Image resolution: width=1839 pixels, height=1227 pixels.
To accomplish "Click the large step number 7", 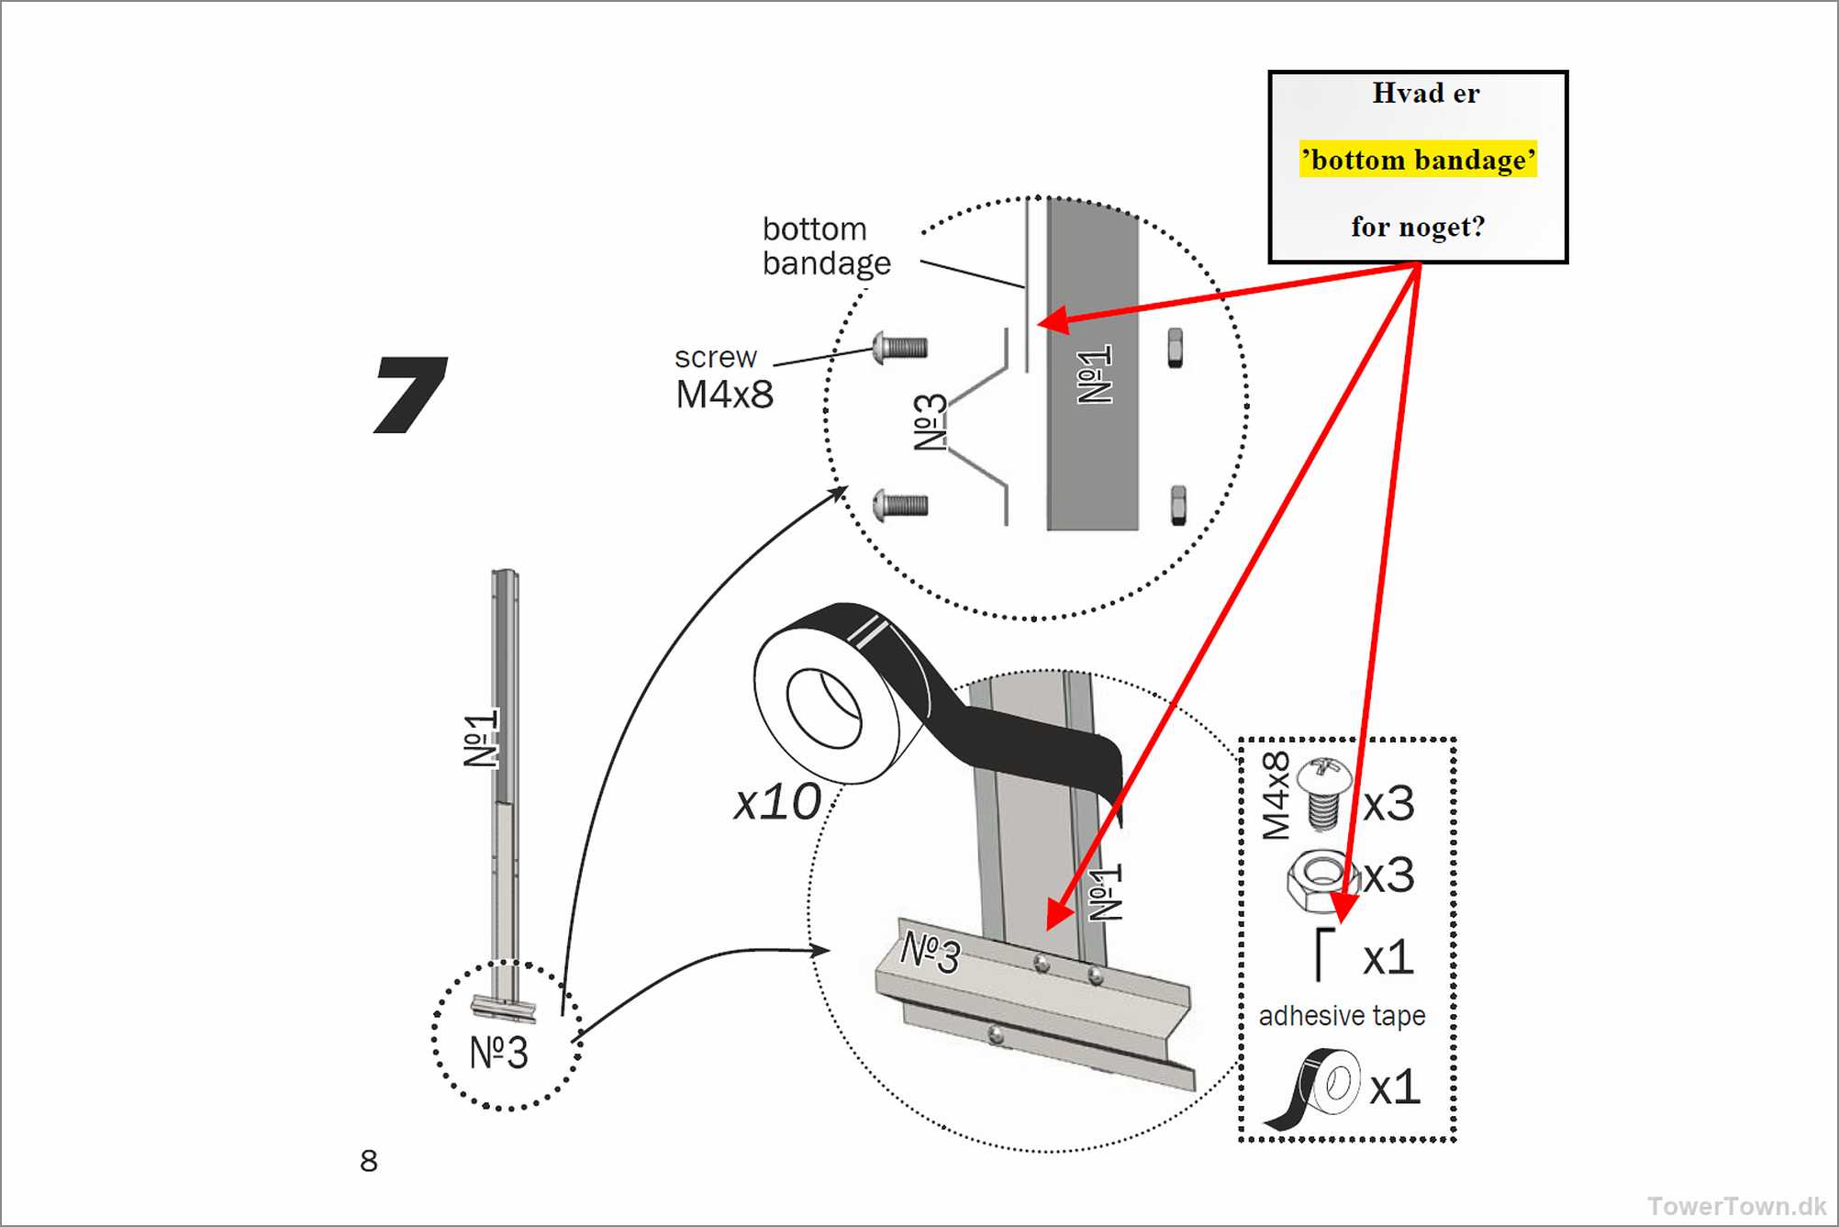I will [x=410, y=395].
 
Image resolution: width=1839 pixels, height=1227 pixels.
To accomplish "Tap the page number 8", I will [x=368, y=1161].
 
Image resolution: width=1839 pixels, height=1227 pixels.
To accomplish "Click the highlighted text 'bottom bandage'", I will [x=1418, y=160].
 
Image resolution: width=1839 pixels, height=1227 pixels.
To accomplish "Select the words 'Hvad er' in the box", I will [x=1425, y=93].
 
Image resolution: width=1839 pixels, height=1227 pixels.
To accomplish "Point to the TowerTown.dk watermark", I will [x=1736, y=1205].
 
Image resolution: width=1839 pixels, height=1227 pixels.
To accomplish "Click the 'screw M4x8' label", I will [x=724, y=377].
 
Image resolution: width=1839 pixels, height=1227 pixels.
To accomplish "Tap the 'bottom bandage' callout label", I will [x=826, y=246].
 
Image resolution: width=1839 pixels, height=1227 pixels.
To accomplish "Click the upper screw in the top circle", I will [x=900, y=348].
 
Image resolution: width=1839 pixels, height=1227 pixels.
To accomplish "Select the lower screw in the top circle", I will [x=900, y=505].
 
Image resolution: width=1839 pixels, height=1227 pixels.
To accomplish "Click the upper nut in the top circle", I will [x=1175, y=349].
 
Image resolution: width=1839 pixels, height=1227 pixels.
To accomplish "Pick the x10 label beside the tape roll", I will [x=777, y=802].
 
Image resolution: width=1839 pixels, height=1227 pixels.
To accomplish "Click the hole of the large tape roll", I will [x=823, y=708].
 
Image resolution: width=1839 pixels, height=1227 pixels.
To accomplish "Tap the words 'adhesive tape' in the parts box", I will [x=1342, y=1016].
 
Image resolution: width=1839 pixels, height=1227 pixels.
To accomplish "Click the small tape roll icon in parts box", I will [x=1315, y=1088].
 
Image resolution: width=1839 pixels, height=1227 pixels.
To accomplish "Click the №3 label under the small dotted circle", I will [x=498, y=1053].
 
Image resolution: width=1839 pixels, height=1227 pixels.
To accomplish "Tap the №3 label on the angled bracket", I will [x=930, y=953].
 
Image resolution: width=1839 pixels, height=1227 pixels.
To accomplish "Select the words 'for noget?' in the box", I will [x=1418, y=227].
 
